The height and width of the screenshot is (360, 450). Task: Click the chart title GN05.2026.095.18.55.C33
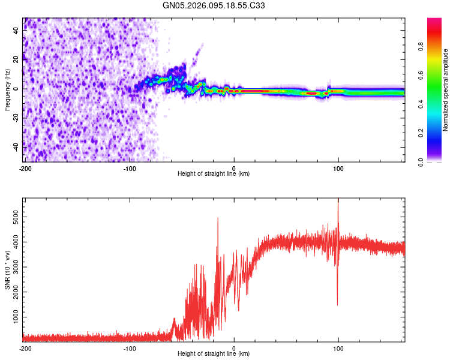pyautogui.click(x=223, y=5)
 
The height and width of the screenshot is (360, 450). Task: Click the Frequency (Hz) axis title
pyautogui.click(x=7, y=89)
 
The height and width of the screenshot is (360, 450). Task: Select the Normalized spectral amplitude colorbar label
pyautogui.click(x=446, y=90)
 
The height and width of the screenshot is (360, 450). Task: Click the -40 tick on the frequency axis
pyautogui.click(x=15, y=146)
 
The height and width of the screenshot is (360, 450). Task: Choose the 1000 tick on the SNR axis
pyautogui.click(x=13, y=316)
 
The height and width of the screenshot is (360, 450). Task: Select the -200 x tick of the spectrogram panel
pyautogui.click(x=25, y=168)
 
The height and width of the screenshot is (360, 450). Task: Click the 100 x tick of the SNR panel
pyautogui.click(x=338, y=348)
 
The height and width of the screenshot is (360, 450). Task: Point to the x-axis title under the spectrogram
pyautogui.click(x=214, y=174)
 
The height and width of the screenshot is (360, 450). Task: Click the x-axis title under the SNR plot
pyautogui.click(x=214, y=354)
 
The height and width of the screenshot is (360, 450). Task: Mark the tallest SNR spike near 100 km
pyautogui.click(x=338, y=202)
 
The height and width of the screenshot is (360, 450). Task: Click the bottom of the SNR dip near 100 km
pyautogui.click(x=338, y=305)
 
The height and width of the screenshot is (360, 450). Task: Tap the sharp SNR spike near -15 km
pyautogui.click(x=218, y=219)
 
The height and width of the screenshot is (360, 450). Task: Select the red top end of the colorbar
pyautogui.click(x=435, y=21)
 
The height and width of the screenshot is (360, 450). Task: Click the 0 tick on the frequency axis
pyautogui.click(x=19, y=89)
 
